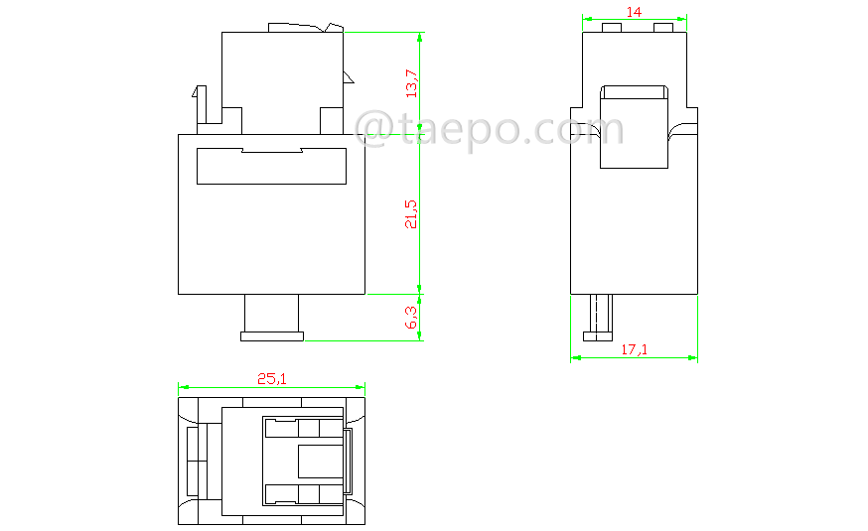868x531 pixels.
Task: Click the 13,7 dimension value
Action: (411, 82)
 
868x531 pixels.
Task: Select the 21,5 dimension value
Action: (411, 213)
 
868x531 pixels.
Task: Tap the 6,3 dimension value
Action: (411, 318)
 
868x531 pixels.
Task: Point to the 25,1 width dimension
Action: (272, 378)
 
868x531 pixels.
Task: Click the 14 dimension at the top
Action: (634, 11)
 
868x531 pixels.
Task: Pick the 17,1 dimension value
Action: (635, 349)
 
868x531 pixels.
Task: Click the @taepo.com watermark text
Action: (489, 130)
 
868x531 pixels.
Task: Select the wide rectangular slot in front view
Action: (271, 167)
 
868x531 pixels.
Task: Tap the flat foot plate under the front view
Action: (272, 336)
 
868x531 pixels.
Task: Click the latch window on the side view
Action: (634, 129)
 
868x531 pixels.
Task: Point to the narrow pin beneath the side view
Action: (597, 316)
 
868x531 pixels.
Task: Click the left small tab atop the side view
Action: (613, 28)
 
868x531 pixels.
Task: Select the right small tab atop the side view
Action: (662, 28)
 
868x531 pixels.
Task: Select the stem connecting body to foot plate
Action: (272, 313)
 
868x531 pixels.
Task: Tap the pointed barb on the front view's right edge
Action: (349, 77)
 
